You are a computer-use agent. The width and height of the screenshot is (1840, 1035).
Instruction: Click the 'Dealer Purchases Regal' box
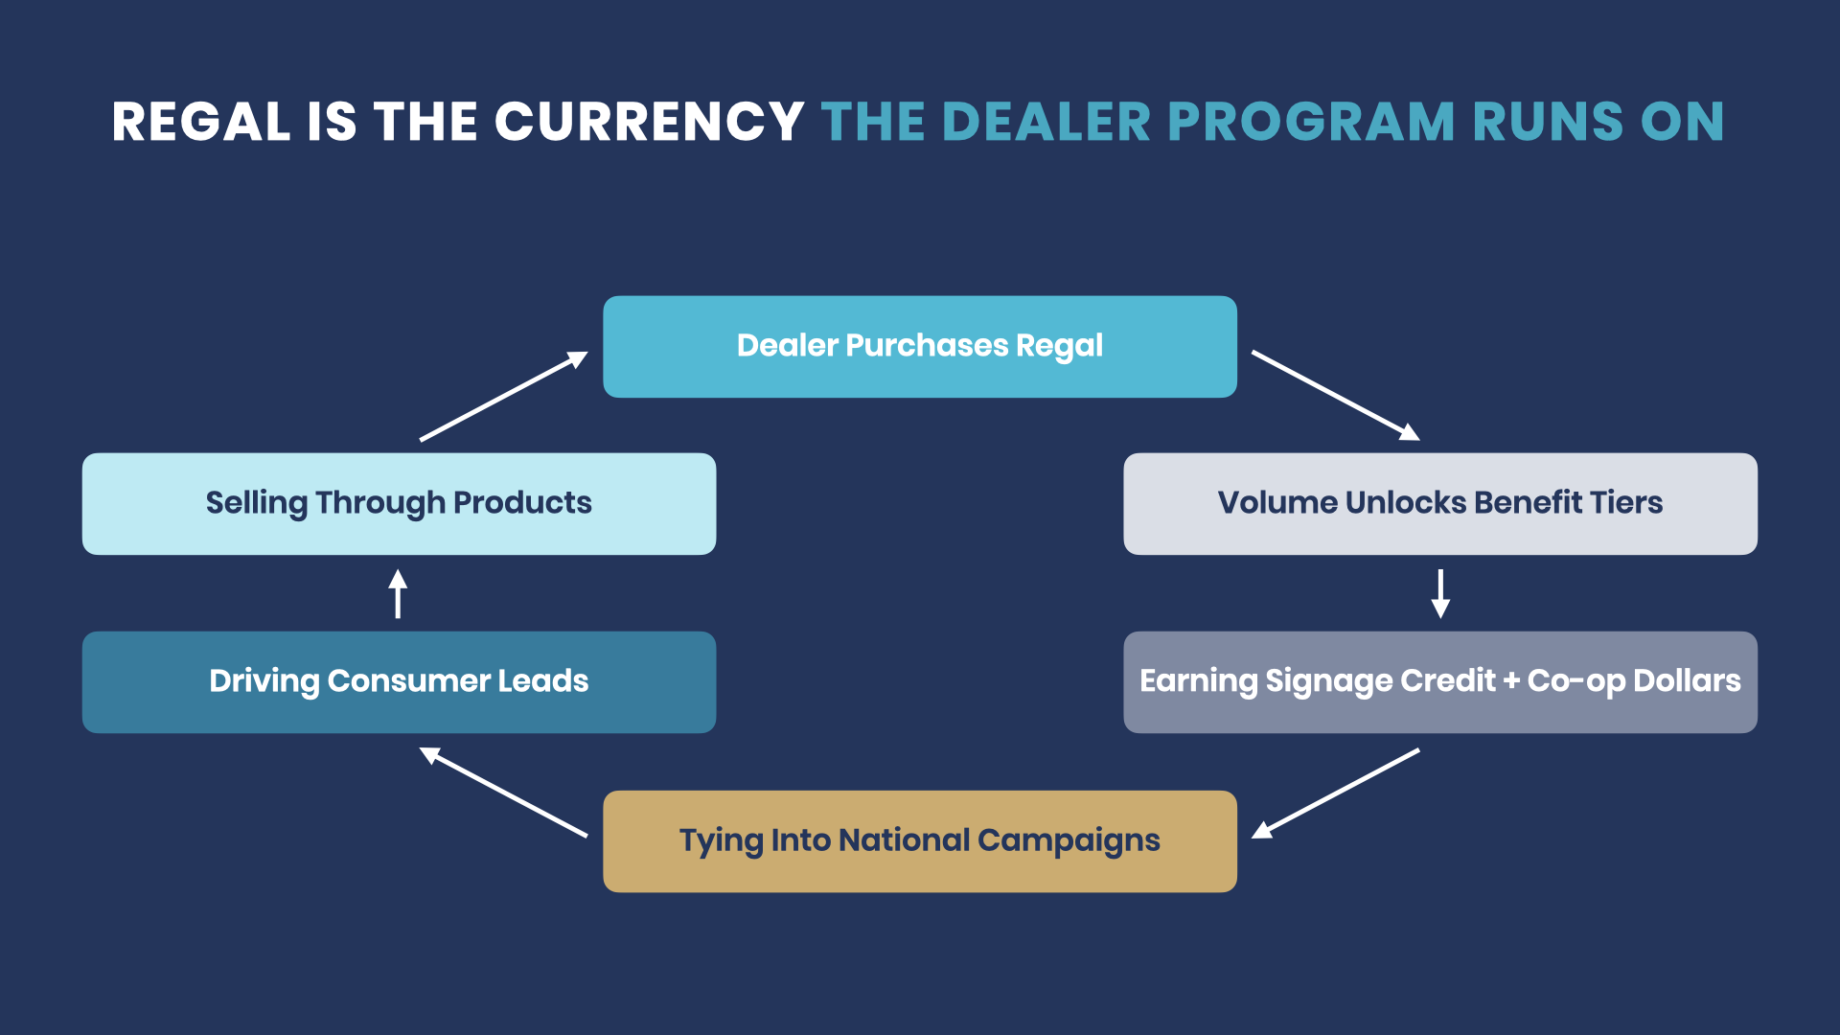point(920,347)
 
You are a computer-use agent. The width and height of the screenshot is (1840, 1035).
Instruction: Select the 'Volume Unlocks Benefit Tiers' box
point(1440,504)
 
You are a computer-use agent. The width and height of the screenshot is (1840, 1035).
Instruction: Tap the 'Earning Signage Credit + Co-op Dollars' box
point(1440,682)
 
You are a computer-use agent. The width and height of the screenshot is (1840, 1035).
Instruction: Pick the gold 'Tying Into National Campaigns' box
point(920,841)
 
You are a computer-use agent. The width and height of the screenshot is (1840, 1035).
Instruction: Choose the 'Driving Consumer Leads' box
point(399,682)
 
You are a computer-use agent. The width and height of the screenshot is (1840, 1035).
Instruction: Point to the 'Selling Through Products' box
point(399,504)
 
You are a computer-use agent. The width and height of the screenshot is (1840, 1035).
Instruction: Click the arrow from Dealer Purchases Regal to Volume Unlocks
point(1336,396)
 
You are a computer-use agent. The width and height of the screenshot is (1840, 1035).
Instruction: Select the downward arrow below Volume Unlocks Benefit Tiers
point(1440,594)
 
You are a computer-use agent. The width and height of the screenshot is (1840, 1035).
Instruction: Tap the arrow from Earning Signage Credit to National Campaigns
point(1336,793)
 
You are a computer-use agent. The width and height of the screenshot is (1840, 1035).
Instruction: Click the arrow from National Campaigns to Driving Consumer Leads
point(503,793)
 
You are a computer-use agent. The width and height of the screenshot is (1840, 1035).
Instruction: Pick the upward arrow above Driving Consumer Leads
point(398,594)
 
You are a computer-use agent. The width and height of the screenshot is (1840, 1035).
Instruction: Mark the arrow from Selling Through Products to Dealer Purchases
point(504,396)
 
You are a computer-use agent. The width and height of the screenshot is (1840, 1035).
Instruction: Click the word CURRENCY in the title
point(649,122)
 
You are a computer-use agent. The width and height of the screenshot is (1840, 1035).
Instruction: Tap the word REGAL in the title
point(201,122)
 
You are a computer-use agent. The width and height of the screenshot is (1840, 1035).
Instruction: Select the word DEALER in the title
point(1046,122)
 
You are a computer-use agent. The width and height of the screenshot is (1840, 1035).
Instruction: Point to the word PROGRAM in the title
point(1311,122)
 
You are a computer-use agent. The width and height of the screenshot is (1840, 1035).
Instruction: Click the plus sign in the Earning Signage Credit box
point(1511,680)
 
